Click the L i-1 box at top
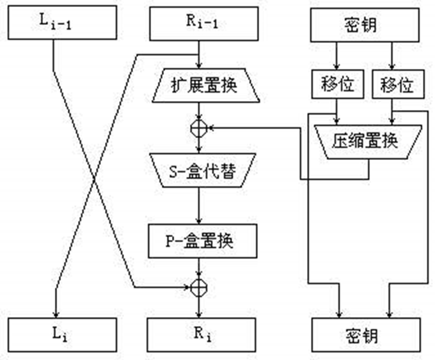tap(62, 22)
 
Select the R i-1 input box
tap(203, 24)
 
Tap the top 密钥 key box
tap(365, 25)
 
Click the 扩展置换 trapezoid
tap(205, 86)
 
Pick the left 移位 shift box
tap(338, 84)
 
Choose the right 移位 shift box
tap(398, 84)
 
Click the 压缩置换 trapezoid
tap(368, 142)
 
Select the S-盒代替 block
tap(203, 170)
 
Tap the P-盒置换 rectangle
tap(203, 241)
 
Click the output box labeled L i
tap(62, 335)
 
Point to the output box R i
tap(202, 335)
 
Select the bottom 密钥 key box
tap(366, 335)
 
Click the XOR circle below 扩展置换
tap(199, 129)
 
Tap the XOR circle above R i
tap(199, 288)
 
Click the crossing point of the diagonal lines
tap(94, 180)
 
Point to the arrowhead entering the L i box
tap(56, 315)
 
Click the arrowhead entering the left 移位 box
tap(336, 67)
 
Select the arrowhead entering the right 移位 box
tap(391, 67)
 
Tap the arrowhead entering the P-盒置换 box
tap(199, 221)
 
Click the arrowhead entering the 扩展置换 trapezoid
tap(199, 65)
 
